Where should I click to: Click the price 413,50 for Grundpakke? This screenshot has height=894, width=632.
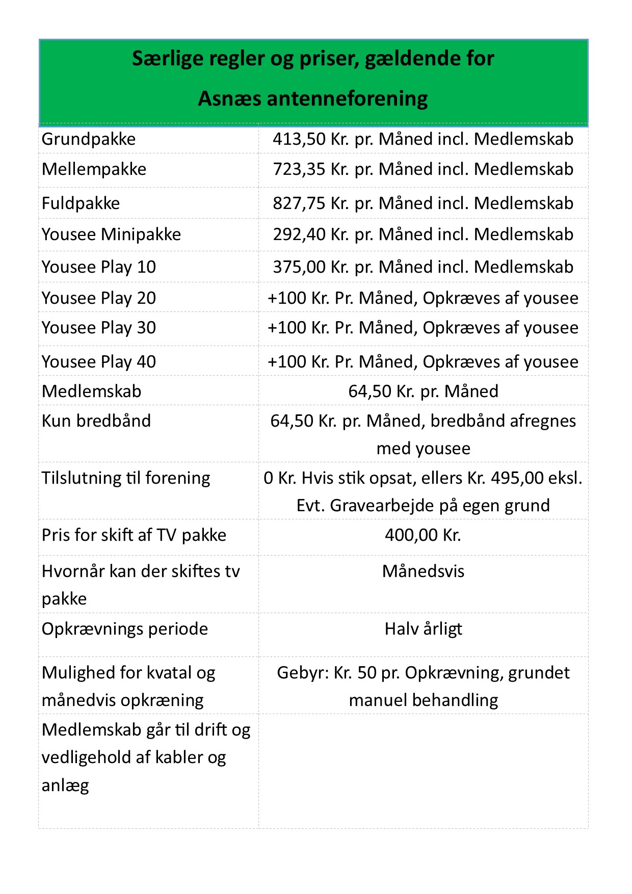click(299, 139)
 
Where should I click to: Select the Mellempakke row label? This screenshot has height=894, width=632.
click(94, 169)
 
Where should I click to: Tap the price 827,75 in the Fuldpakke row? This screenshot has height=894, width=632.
click(299, 203)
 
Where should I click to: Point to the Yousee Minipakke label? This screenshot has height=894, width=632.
click(111, 234)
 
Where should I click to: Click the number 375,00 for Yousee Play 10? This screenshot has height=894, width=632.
click(299, 267)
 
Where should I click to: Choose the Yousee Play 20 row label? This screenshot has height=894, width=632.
click(98, 298)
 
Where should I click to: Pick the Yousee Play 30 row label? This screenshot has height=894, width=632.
click(98, 328)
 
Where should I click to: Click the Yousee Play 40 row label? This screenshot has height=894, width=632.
click(98, 362)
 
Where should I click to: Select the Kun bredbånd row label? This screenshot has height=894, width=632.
click(96, 421)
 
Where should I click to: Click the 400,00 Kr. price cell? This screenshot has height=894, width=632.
click(423, 535)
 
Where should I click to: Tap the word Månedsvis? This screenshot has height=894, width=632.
click(423, 571)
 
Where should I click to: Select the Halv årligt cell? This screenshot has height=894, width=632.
click(423, 629)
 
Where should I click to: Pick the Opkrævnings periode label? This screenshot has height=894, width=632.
click(125, 629)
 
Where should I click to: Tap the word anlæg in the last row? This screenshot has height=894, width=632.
click(65, 785)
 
